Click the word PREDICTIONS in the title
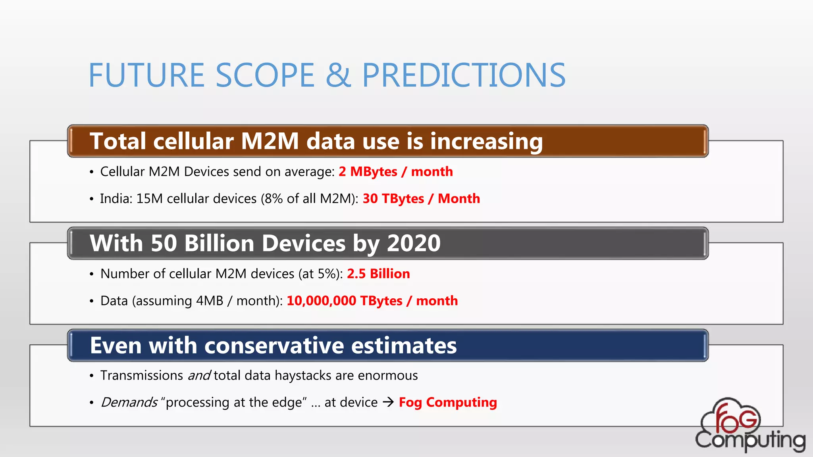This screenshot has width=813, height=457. click(x=464, y=75)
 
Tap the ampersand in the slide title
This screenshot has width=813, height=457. click(x=338, y=75)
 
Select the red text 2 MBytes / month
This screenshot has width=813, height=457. click(x=395, y=172)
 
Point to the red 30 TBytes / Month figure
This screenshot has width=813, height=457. click(x=421, y=199)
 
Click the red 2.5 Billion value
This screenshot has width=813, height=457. click(x=378, y=274)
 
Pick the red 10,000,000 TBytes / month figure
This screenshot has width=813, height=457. click(x=372, y=301)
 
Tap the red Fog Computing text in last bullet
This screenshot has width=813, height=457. click(x=447, y=402)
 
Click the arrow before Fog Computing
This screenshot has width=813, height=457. click(x=388, y=402)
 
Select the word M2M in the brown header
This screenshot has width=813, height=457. click(x=270, y=141)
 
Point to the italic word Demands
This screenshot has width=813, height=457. click(x=129, y=402)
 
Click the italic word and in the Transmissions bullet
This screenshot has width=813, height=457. click(x=199, y=375)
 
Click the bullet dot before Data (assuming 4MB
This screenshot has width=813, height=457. click(x=92, y=301)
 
